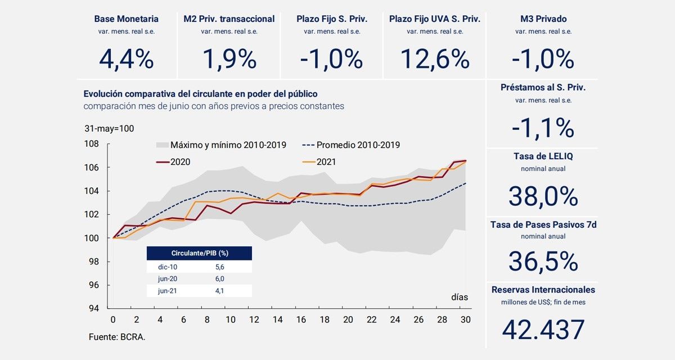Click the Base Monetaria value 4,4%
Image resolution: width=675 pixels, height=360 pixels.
point(126,59)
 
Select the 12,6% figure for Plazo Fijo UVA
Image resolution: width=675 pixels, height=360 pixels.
point(435,59)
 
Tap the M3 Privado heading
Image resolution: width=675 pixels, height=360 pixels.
point(543,19)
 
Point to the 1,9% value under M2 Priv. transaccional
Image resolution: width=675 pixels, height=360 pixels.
point(229,59)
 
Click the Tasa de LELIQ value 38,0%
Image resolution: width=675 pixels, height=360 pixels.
point(543,196)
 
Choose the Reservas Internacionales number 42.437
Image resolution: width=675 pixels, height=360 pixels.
point(543,330)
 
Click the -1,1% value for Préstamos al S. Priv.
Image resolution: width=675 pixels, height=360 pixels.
point(543,129)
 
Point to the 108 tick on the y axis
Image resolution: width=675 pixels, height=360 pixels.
point(92,144)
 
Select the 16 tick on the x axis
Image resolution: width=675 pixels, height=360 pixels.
point(301,319)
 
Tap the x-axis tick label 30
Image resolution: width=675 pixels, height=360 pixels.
point(466,319)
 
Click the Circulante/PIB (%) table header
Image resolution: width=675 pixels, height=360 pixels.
point(199,254)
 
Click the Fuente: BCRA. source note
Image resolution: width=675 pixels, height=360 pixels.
point(112,337)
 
